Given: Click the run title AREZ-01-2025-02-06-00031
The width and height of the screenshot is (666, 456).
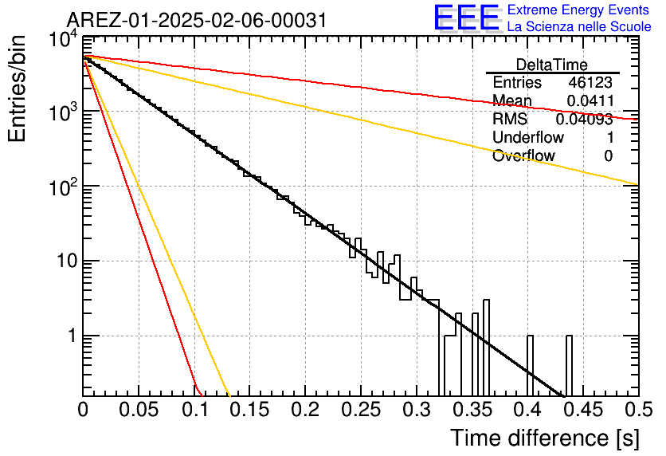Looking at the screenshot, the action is tap(197, 20).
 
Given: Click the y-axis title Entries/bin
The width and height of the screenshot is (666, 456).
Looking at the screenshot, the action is tap(17, 88).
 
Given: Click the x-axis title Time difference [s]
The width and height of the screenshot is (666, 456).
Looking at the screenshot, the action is tap(545, 438).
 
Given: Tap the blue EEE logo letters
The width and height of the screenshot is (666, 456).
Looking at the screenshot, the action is tap(466, 18).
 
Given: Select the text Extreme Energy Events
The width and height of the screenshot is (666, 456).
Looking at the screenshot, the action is tap(578, 10).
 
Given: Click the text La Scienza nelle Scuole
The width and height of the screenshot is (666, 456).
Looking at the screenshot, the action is tap(579, 26).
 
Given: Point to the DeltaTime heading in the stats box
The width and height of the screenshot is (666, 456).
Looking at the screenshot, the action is tap(551, 65).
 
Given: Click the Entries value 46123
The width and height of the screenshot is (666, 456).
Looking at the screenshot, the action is tap(590, 82).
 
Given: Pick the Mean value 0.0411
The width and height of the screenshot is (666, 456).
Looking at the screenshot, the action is tap(590, 100).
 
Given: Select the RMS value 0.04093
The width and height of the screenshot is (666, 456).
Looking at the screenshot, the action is tap(585, 119).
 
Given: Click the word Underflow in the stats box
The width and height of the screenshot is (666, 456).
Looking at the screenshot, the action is tap(528, 137).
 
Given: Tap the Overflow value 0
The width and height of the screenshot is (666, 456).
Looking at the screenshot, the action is tap(608, 156).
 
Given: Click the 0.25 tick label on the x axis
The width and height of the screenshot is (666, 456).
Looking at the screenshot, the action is tap(361, 410).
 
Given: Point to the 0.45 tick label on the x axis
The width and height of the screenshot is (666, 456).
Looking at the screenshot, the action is tap(584, 410).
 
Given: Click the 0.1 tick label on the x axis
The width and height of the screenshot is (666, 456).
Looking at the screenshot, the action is tap(195, 410).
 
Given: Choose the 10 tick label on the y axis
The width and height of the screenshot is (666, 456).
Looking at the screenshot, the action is tap(68, 261).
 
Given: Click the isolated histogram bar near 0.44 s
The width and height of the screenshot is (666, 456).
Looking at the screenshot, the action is tap(569, 365).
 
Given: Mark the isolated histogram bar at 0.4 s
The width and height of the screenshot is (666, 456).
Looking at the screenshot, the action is tap(530, 365).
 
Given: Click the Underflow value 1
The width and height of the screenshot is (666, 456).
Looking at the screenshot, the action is tap(610, 137).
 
